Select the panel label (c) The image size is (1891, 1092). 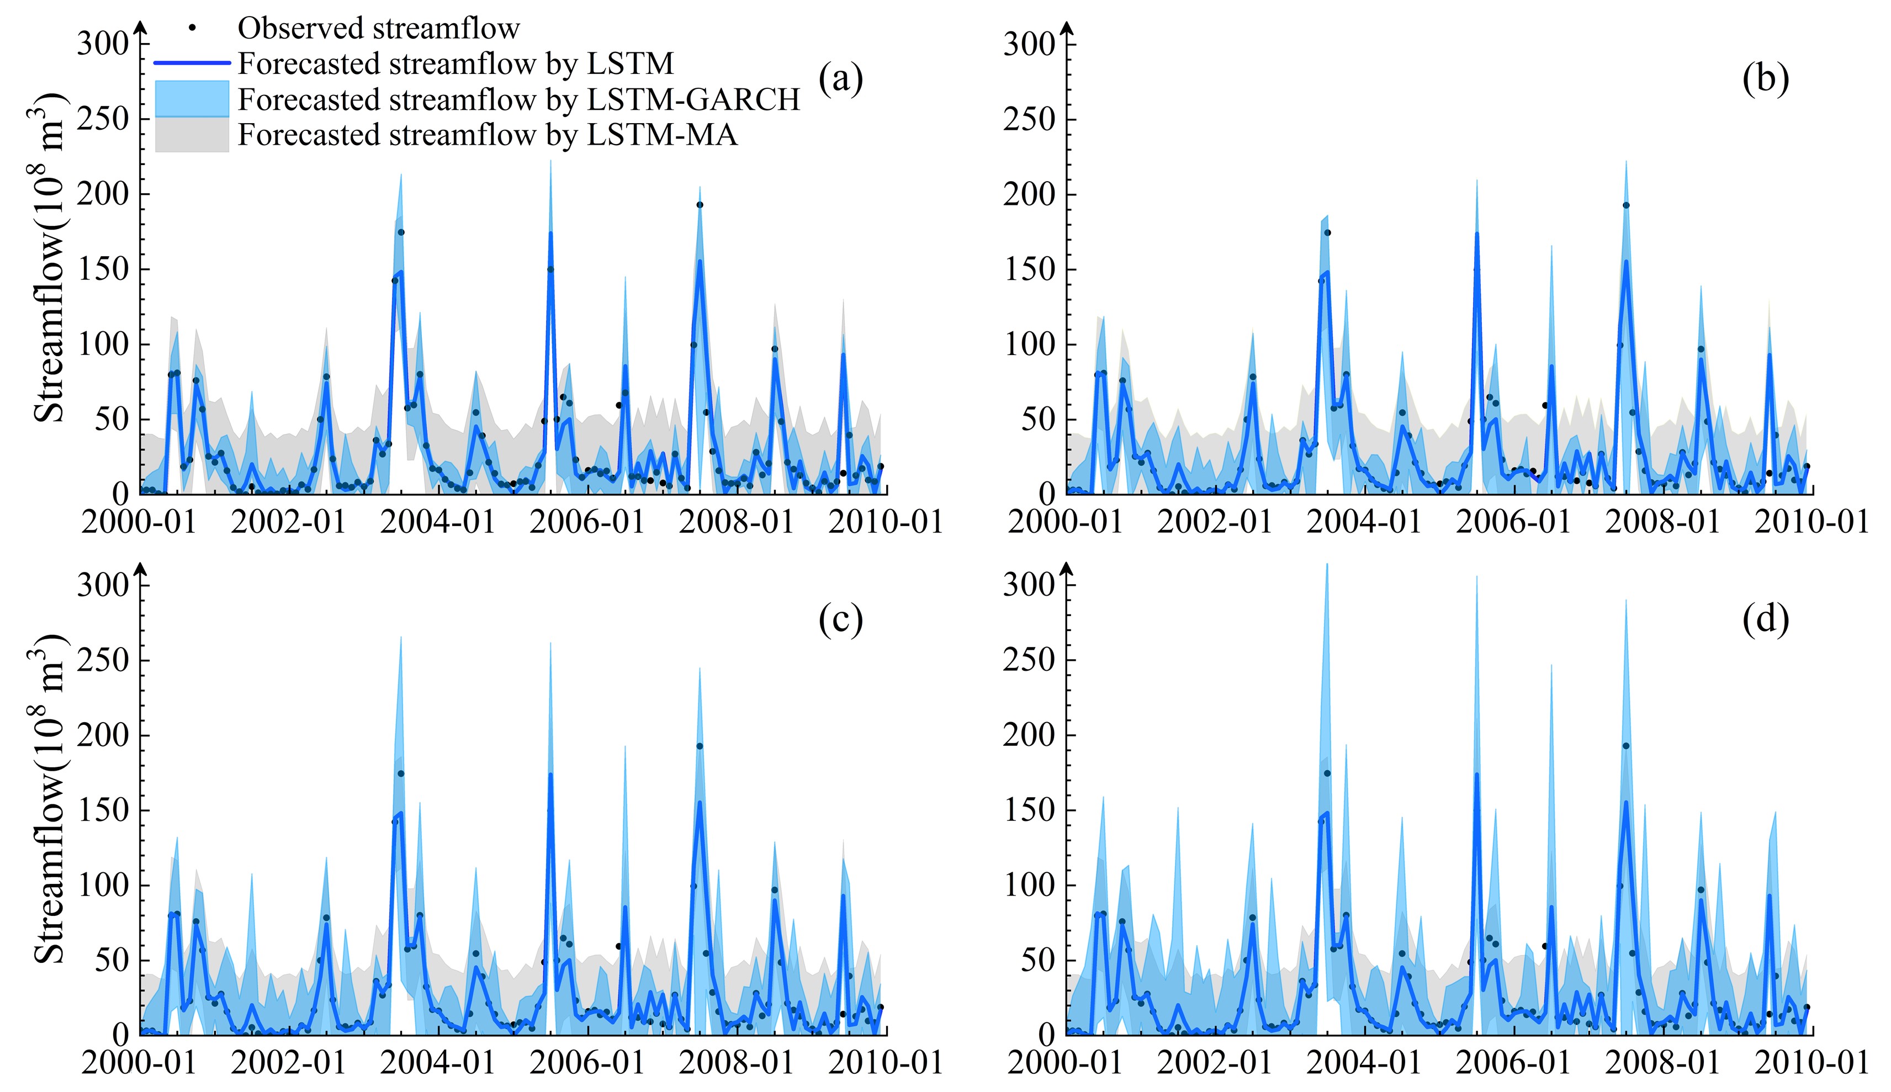pyautogui.click(x=841, y=619)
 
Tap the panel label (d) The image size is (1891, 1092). pyautogui.click(x=1766, y=619)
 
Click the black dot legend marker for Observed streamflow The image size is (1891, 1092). pyautogui.click(x=192, y=28)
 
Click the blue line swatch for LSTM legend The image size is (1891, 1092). pyautogui.click(x=192, y=63)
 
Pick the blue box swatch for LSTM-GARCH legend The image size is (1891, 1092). pyautogui.click(x=192, y=98)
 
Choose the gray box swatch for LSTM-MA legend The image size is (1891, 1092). pyautogui.click(x=192, y=135)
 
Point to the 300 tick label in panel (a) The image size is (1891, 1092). pyautogui.click(x=103, y=44)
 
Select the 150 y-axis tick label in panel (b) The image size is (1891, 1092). pyautogui.click(x=1029, y=269)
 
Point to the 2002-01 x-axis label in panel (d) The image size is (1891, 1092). pyautogui.click(x=1215, y=1062)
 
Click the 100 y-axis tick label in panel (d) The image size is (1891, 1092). pyautogui.click(x=1029, y=885)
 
